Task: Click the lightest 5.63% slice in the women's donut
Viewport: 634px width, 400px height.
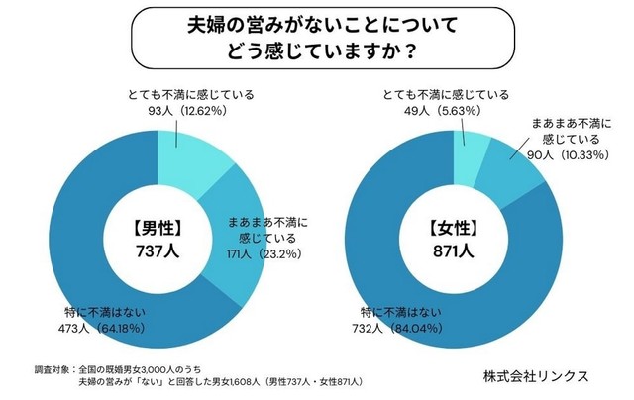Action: (x=468, y=148)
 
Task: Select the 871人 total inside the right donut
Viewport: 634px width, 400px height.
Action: (x=455, y=250)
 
